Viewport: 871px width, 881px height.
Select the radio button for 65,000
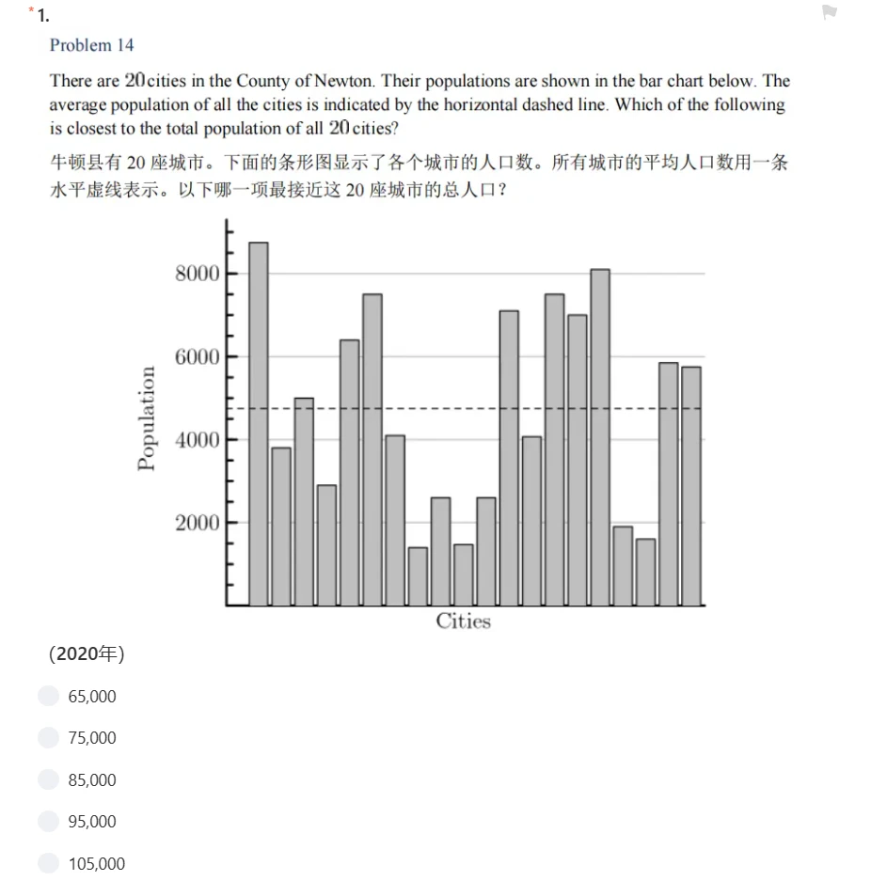pyautogui.click(x=49, y=696)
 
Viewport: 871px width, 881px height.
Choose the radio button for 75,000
pyautogui.click(x=49, y=738)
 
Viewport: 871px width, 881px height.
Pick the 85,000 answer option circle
pyautogui.click(x=49, y=779)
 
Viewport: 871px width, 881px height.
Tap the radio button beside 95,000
pyautogui.click(x=49, y=822)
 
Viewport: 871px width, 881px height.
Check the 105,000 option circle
pyautogui.click(x=49, y=863)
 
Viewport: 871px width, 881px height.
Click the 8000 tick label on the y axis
pyautogui.click(x=197, y=274)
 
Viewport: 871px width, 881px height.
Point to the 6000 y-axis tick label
pyautogui.click(x=197, y=356)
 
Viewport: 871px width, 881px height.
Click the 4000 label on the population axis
pyautogui.click(x=197, y=439)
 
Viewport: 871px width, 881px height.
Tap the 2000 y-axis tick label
pyautogui.click(x=197, y=523)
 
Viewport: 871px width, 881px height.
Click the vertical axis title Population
pyautogui.click(x=146, y=417)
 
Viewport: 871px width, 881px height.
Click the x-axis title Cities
pyautogui.click(x=463, y=621)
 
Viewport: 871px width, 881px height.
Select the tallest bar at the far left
pyautogui.click(x=259, y=423)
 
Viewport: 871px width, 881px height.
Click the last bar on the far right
pyautogui.click(x=691, y=485)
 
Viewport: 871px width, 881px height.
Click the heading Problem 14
pyautogui.click(x=92, y=45)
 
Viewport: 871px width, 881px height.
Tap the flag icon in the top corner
pyautogui.click(x=829, y=13)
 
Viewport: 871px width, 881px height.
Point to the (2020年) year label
pyautogui.click(x=86, y=653)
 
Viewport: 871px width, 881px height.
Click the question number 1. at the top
pyautogui.click(x=44, y=15)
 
